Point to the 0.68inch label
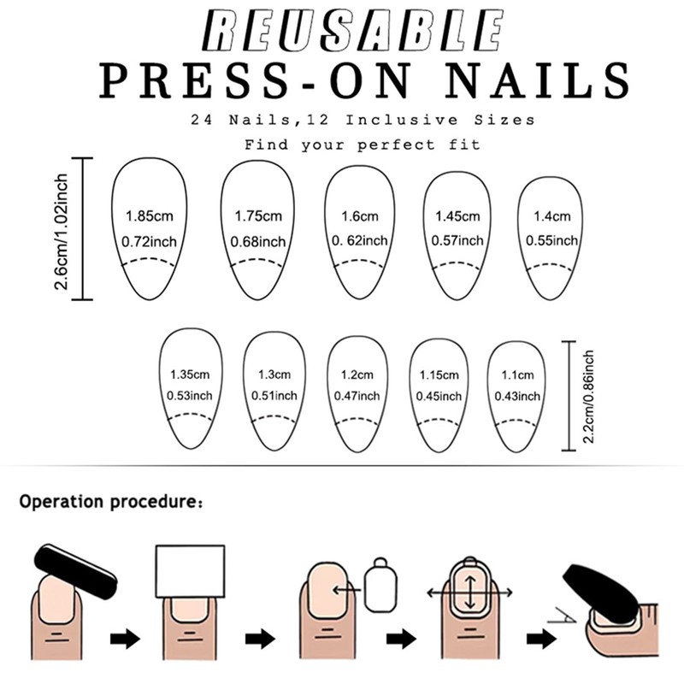tap(258, 242)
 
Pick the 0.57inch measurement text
tap(457, 241)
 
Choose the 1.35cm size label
tap(190, 374)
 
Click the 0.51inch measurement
tap(274, 396)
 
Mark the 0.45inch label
tap(439, 396)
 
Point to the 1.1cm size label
tap(517, 374)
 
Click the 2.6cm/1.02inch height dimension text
tap(62, 230)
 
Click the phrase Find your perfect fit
tap(363, 145)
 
